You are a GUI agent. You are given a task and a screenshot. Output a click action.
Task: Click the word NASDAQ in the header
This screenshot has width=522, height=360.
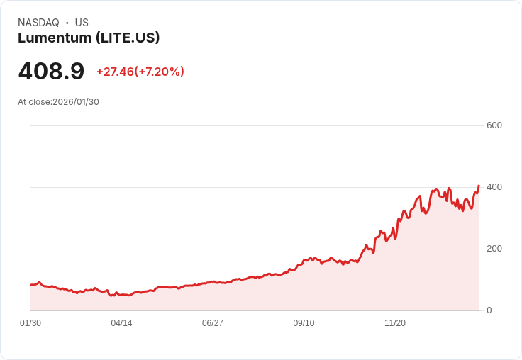(x=38, y=23)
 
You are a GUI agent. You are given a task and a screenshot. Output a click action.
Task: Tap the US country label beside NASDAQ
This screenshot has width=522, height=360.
(x=82, y=23)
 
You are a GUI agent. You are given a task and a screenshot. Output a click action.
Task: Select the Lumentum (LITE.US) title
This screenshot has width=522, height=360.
(x=89, y=38)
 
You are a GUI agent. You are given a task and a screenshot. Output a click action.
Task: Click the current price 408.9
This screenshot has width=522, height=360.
(x=51, y=72)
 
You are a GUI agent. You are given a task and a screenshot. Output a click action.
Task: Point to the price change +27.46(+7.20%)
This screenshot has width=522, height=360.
(x=140, y=72)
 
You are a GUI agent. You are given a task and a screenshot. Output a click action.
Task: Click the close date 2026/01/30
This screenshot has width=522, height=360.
(x=76, y=102)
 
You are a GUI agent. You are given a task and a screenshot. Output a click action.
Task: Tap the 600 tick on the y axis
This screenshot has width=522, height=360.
(x=494, y=125)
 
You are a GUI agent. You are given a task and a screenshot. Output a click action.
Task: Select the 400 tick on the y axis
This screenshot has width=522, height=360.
(x=494, y=187)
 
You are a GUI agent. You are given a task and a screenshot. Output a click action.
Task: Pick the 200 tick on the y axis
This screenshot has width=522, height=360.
(x=494, y=249)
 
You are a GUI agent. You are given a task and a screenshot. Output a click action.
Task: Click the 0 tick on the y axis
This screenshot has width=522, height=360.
(x=489, y=310)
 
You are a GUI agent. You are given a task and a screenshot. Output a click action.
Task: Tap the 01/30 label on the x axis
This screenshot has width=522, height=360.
(x=30, y=323)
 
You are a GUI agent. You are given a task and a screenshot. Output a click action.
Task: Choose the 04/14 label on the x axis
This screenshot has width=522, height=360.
(x=121, y=323)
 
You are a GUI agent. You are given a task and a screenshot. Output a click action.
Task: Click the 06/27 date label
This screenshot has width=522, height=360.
(x=213, y=323)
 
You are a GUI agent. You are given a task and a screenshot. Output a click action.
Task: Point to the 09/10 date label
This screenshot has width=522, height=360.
(x=304, y=323)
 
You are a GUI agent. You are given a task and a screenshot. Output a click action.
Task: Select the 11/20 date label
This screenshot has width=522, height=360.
(x=395, y=323)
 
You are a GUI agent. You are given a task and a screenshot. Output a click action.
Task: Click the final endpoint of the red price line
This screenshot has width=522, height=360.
(x=479, y=186)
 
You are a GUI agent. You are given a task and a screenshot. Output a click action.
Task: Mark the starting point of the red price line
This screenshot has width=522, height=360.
(x=31, y=284)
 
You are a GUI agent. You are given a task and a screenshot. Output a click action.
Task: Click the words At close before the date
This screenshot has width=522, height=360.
(x=34, y=102)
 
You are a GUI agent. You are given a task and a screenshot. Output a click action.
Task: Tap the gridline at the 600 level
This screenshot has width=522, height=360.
(x=255, y=126)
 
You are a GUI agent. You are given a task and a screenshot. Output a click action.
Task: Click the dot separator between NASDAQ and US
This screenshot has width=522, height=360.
(x=67, y=23)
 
